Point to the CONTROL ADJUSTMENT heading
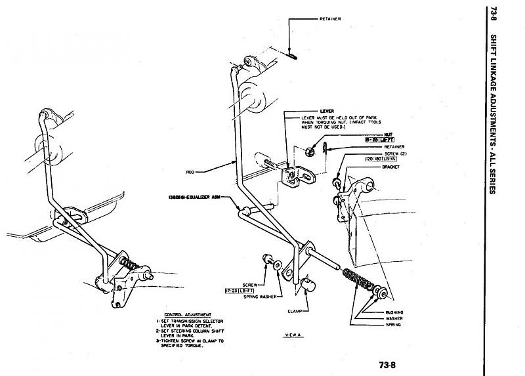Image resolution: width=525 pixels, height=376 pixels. pos(181,314)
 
